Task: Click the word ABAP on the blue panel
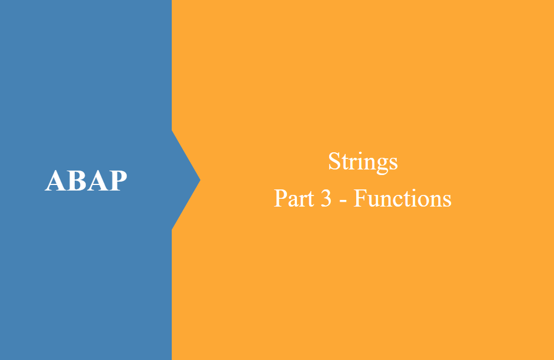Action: coord(86,181)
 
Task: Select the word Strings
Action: coord(363,162)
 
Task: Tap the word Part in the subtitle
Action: coord(293,198)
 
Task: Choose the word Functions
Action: coord(403,198)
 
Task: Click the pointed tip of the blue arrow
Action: coord(199,179)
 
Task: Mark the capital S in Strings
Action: coord(334,162)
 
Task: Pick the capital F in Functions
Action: coord(360,198)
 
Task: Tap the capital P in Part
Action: coord(280,198)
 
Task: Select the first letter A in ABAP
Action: coord(54,181)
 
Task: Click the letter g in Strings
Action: coord(381,164)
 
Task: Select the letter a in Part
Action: coord(291,200)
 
